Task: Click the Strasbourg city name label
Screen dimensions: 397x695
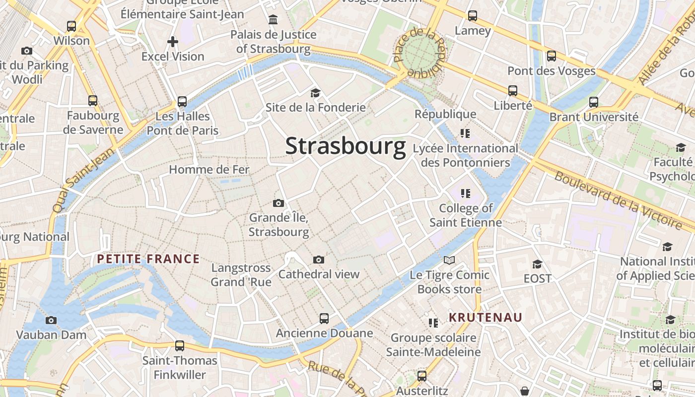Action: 346,146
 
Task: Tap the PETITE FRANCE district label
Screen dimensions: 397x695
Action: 148,259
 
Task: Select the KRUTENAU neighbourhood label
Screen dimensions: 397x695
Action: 486,317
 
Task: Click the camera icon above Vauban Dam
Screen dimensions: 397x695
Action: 51,321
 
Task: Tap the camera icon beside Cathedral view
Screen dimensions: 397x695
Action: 319,260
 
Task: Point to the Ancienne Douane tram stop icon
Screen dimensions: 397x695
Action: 324,318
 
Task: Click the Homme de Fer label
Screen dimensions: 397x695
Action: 209,170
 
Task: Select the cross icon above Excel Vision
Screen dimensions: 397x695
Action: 173,42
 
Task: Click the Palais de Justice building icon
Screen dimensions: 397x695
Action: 273,20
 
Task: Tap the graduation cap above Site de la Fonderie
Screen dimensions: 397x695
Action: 315,93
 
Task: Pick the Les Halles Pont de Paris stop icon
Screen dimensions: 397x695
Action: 182,102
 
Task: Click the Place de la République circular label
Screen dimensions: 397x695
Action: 421,52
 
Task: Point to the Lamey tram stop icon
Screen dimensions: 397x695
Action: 473,16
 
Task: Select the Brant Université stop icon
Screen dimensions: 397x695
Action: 594,103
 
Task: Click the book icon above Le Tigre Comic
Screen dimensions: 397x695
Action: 449,260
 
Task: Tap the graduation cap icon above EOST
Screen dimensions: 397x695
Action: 537,264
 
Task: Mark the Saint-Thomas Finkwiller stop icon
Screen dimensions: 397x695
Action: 180,345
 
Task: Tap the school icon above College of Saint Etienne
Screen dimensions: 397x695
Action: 465,193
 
